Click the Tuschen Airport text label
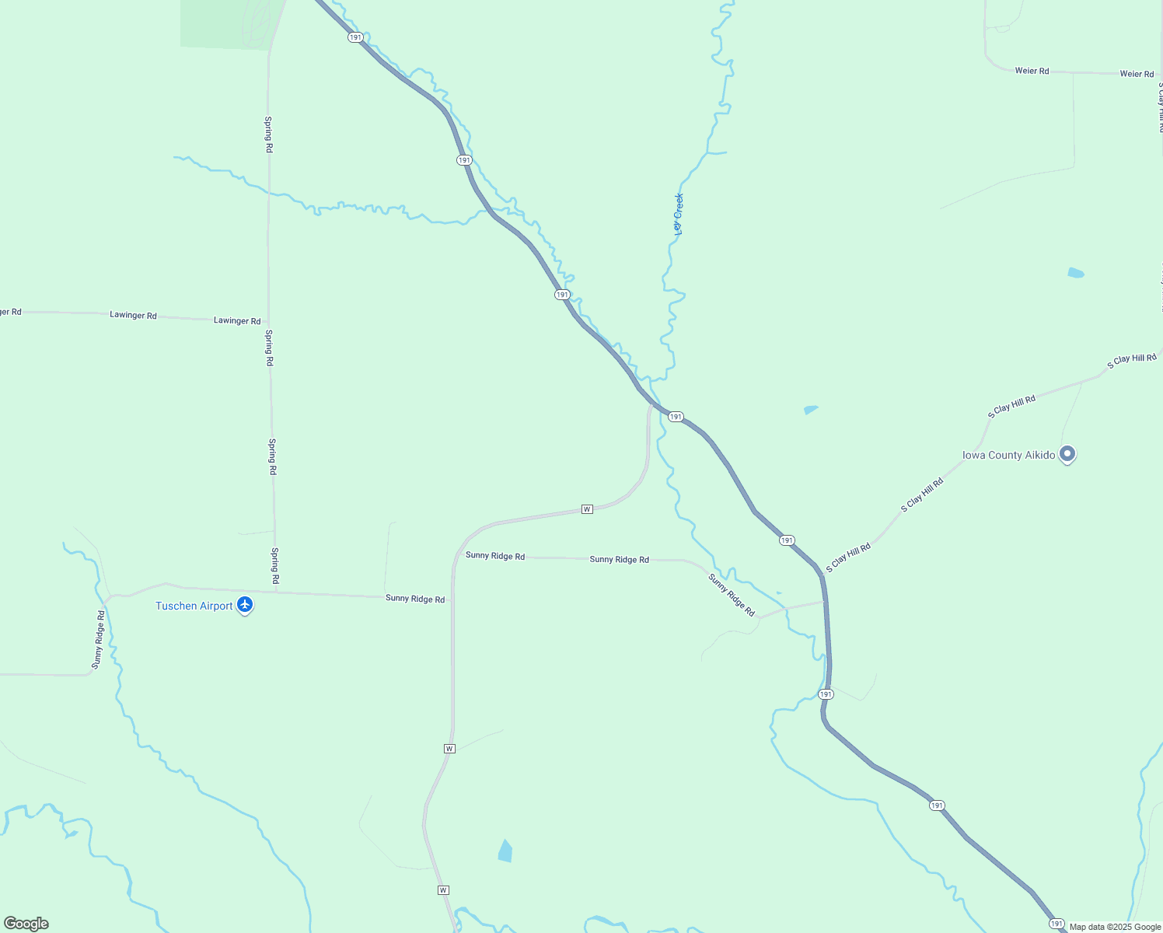tap(194, 606)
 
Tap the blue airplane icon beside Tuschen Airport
tap(245, 605)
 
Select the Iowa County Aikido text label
tap(1008, 456)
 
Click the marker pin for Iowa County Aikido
tap(1067, 454)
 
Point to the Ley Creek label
tap(679, 214)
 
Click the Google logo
tap(26, 924)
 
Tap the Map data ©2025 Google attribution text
tap(1115, 927)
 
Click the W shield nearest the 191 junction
tap(587, 509)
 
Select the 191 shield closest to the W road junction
tap(676, 417)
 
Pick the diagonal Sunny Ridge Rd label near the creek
tap(732, 596)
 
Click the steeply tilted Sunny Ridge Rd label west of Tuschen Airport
tap(98, 640)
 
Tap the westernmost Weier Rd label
tap(1032, 71)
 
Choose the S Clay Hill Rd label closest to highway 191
tap(848, 558)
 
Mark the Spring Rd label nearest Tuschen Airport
tap(274, 566)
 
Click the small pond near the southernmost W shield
tap(505, 851)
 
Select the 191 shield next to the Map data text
tap(1056, 923)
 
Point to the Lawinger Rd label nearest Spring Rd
tap(237, 320)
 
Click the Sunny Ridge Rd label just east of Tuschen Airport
tap(415, 599)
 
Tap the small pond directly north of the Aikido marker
tap(1076, 273)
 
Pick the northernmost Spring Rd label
tap(269, 135)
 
